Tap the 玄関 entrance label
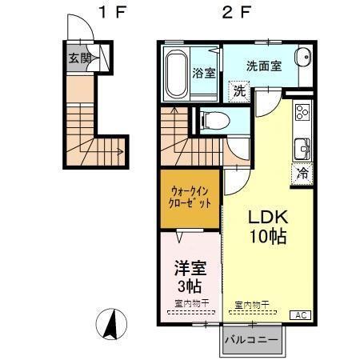coord(79,58)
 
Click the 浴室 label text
coord(204,74)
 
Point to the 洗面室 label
coord(263,66)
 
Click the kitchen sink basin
coord(302,149)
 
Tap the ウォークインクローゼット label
coord(190,198)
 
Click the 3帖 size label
coord(189,286)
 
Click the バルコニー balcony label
coord(252,339)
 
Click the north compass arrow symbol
coord(113,325)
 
